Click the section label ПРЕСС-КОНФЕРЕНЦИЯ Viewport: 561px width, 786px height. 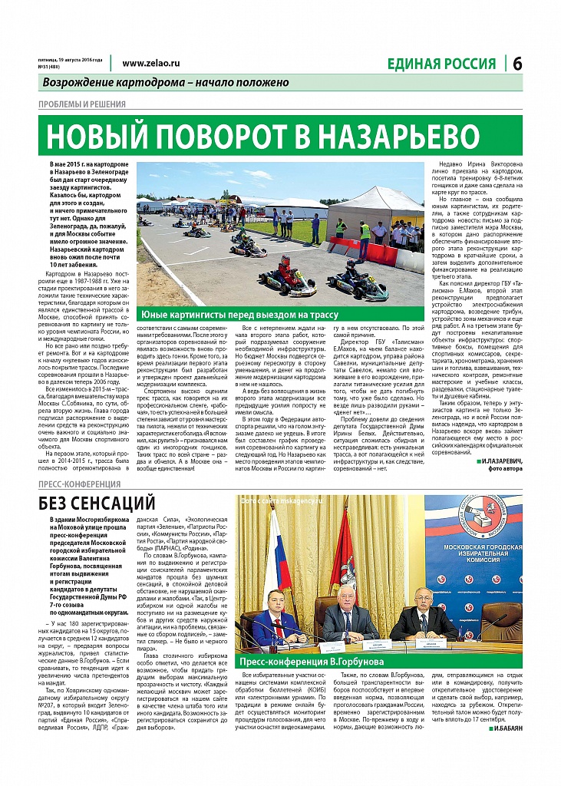[x=79, y=484]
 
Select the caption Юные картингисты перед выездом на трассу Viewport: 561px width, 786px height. [x=238, y=315]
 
